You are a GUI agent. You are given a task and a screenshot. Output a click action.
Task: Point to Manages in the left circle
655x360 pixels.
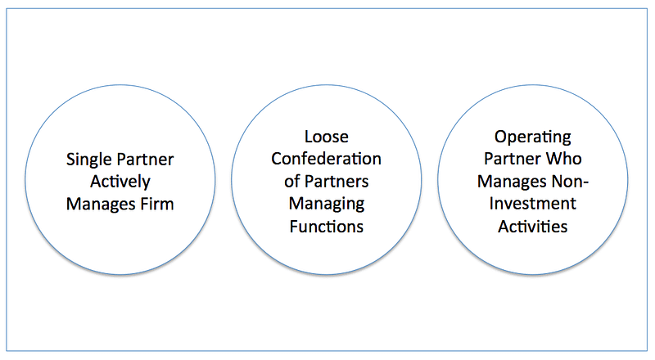pos(98,203)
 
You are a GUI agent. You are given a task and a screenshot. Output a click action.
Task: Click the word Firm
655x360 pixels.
pos(156,203)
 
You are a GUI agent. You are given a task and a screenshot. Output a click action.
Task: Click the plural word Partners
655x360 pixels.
pos(337,180)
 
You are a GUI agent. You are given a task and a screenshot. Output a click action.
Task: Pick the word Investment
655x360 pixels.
pos(533,203)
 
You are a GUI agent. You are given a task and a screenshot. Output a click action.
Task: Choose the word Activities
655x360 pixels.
pos(533,226)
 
